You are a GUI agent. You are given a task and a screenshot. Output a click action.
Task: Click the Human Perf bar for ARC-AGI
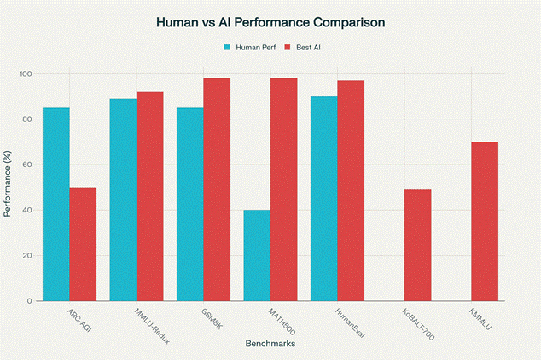56,205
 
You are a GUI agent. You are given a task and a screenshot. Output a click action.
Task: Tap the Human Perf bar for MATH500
257,255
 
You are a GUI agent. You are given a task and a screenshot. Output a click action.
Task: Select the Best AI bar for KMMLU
484,221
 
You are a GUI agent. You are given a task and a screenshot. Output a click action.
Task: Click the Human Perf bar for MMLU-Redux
123,200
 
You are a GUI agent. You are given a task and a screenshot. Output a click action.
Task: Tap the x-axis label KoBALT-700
418,324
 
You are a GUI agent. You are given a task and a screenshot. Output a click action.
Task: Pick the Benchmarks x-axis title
270,345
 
